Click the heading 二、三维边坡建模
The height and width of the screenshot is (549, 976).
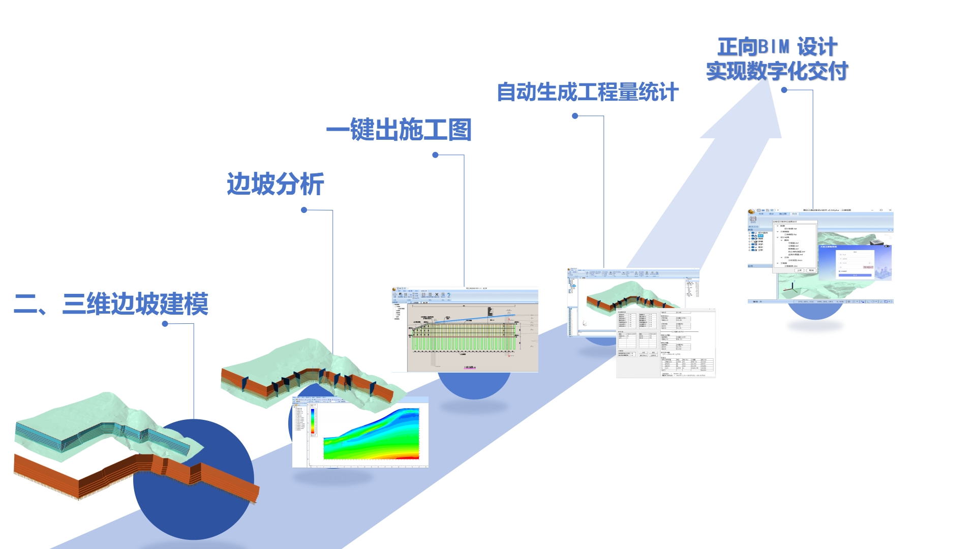click(111, 304)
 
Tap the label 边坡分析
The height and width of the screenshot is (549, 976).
click(275, 184)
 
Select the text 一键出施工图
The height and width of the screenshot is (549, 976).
click(399, 130)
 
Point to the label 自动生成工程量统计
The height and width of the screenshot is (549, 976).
click(587, 93)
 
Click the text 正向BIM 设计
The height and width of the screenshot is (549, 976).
click(777, 47)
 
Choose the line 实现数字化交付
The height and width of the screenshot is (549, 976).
click(777, 71)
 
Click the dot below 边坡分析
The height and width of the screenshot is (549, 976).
click(304, 210)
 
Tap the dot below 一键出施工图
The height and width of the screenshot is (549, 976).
click(435, 155)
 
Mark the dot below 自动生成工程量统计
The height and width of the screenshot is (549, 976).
click(575, 116)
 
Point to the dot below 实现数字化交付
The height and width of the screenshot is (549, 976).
click(784, 90)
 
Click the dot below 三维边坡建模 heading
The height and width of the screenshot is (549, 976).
click(165, 324)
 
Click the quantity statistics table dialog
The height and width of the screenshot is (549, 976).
click(665, 343)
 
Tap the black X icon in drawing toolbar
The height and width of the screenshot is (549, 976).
click(437, 295)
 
